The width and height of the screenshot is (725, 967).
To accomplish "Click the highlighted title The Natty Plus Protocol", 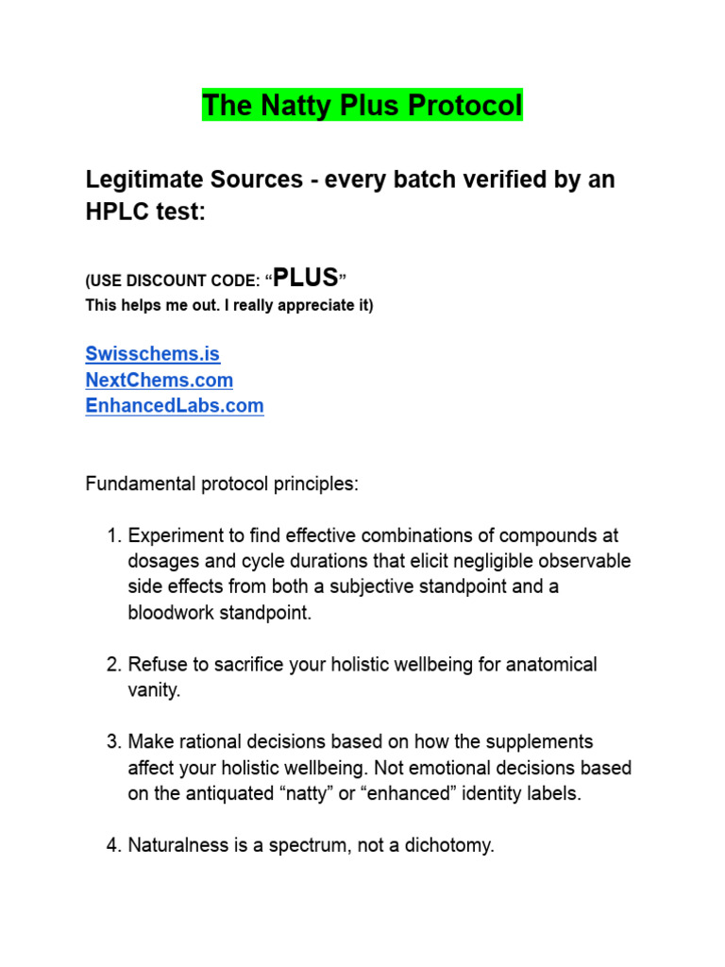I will tap(362, 105).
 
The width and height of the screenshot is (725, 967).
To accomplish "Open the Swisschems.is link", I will tap(152, 354).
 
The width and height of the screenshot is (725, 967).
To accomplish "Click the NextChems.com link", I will tap(159, 380).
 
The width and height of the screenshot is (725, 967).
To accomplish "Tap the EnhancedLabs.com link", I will tap(174, 406).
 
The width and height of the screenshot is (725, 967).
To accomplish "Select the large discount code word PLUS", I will tap(306, 278).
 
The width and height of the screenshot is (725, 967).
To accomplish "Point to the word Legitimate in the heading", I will tap(143, 178).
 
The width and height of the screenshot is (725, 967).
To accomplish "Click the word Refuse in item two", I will tap(158, 665).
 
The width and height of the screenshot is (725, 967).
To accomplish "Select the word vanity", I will tap(153, 690).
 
